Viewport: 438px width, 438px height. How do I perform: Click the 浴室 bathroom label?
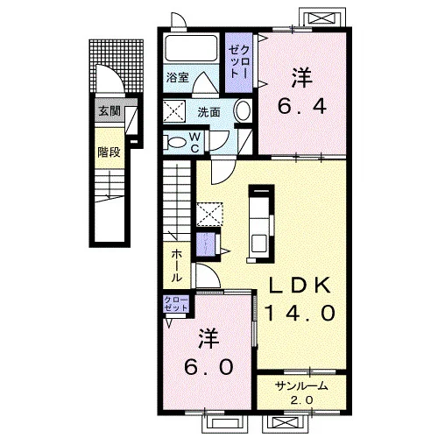pos(177,78)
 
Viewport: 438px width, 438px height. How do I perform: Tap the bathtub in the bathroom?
pos(191,48)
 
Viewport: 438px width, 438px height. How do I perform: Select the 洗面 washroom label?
pos(208,112)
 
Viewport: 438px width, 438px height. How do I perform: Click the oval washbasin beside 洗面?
pos(243,111)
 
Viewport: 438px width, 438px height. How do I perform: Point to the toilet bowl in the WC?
pos(176,143)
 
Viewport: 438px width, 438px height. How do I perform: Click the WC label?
pos(194,142)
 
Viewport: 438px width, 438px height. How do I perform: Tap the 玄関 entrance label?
pos(109,110)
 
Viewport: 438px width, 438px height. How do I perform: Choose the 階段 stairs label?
pos(109,152)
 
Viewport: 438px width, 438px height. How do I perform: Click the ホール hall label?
pos(176,265)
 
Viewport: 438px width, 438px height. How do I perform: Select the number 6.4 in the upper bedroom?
pos(301,107)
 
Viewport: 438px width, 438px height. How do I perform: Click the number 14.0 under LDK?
pos(300,312)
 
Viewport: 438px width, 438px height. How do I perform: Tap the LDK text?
pos(300,285)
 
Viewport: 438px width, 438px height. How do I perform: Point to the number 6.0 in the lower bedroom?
pos(208,366)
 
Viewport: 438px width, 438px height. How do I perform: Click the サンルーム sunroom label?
pos(301,386)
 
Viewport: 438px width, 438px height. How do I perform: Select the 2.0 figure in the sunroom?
pos(301,399)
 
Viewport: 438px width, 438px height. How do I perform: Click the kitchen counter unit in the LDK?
pos(261,224)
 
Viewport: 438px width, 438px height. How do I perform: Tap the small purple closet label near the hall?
pos(176,304)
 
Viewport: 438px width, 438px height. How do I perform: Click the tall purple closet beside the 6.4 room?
pos(238,62)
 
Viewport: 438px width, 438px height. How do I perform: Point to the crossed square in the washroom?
pos(174,111)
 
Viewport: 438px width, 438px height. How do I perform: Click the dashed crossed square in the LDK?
pos(209,215)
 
